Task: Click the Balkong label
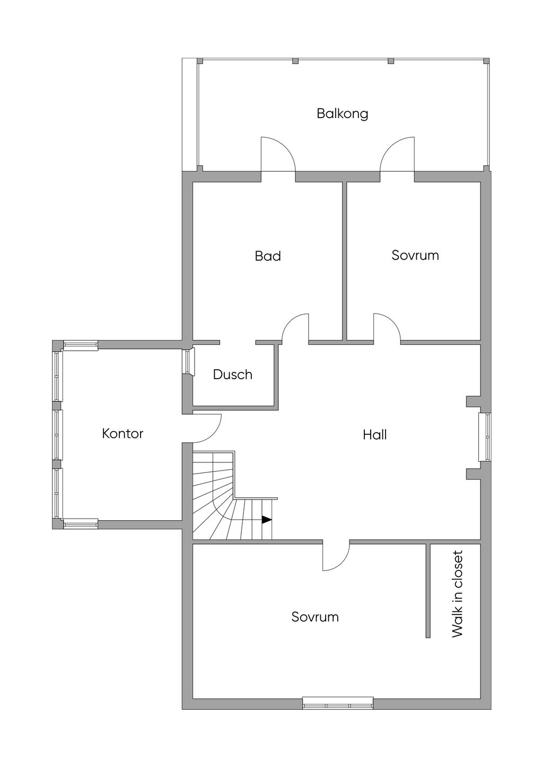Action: [342, 113]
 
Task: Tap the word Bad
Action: [268, 256]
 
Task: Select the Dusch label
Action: [232, 374]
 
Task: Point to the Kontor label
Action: [122, 433]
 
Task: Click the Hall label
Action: [374, 435]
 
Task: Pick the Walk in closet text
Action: [457, 594]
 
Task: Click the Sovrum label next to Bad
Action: [415, 255]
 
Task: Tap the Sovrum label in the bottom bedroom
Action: [315, 617]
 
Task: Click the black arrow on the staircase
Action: [267, 520]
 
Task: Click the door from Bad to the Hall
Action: [295, 328]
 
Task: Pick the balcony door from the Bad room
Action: [277, 154]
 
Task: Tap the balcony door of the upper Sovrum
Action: [397, 154]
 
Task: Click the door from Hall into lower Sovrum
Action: [336, 556]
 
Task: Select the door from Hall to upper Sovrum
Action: [387, 328]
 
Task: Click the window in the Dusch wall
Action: [188, 361]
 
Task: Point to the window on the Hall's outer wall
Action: [485, 437]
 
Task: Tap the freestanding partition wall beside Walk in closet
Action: [427, 591]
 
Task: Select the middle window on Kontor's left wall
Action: [57, 434]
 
